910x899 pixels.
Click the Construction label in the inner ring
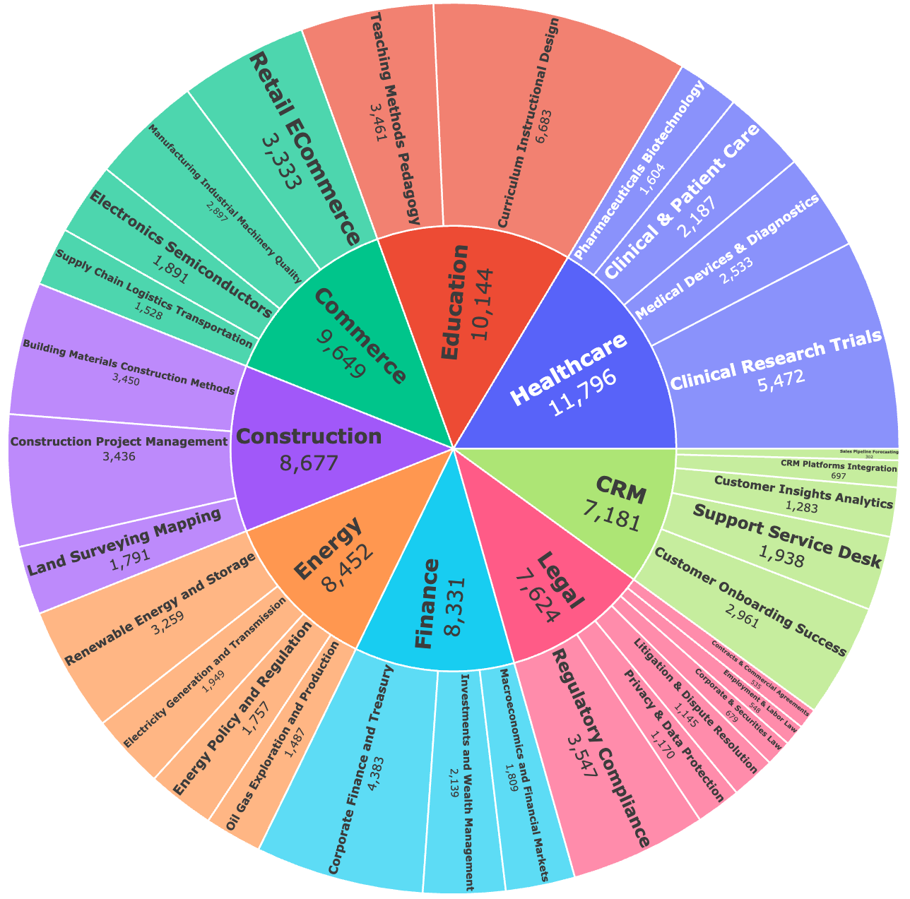tap(308, 437)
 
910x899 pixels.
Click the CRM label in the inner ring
tap(620, 490)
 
